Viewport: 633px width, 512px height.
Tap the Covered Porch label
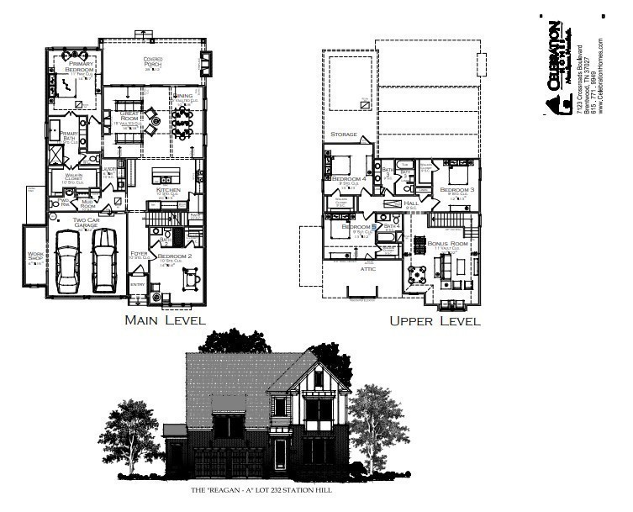coord(152,61)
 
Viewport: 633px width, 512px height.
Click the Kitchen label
coord(168,192)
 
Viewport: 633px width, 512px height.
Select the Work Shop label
coord(35,257)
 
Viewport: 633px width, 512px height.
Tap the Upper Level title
coord(434,320)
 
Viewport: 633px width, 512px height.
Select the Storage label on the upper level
coord(343,135)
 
